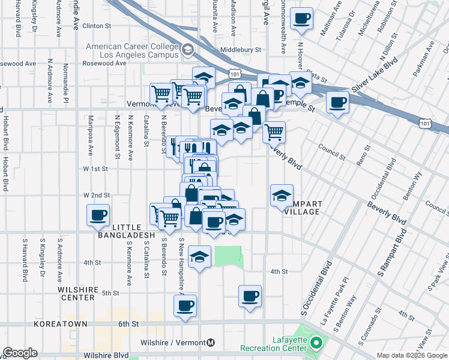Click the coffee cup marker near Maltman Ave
[x=302, y=17]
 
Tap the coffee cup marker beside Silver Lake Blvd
[x=338, y=101]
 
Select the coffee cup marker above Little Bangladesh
[x=98, y=215]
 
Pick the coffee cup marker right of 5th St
[x=250, y=296]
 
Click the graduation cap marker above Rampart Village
[x=282, y=195]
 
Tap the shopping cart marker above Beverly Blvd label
[x=274, y=130]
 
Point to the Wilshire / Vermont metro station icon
[x=209, y=343]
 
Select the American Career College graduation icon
[x=188, y=49]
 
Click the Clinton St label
[x=97, y=26]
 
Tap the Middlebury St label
[x=241, y=50]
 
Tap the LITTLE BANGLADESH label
[x=130, y=231]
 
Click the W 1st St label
[x=95, y=169]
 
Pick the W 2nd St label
[x=96, y=196]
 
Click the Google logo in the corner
[x=20, y=353]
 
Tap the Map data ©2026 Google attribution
[x=412, y=356]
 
